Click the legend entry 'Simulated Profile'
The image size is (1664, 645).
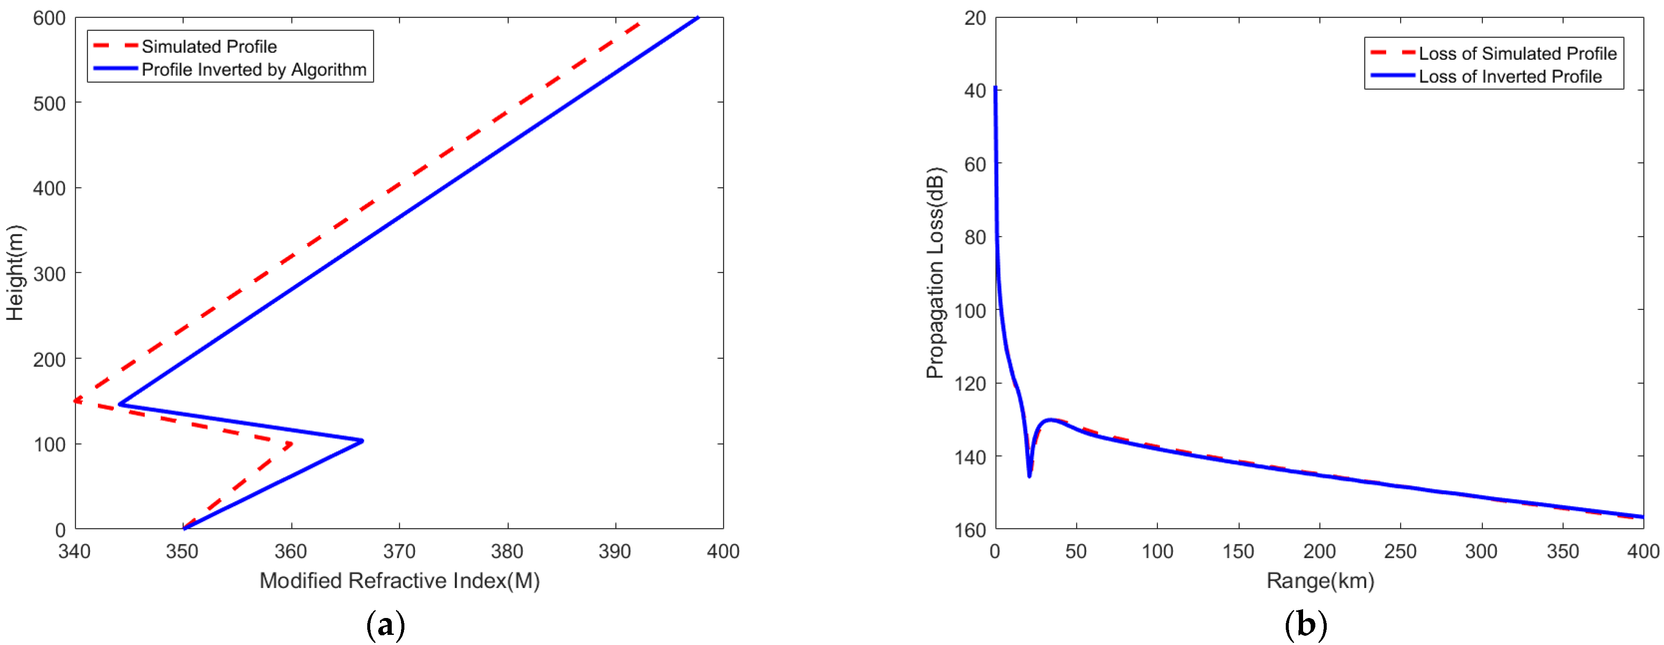(209, 46)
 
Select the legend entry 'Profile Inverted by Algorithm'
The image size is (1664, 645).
(254, 70)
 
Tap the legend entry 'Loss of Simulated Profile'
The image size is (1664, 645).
(1517, 54)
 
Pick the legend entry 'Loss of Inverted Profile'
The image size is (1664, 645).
(1510, 77)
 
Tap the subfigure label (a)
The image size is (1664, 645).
(386, 625)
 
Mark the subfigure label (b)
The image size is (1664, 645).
(1306, 625)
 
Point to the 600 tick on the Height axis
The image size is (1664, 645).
(50, 18)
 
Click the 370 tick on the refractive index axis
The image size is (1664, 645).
(399, 551)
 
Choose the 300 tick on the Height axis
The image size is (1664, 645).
(50, 274)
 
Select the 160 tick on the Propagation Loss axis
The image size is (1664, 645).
(970, 530)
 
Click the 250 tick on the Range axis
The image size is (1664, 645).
(1401, 551)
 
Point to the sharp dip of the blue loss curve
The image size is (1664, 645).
(1029, 476)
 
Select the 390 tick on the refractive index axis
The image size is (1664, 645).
(615, 551)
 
